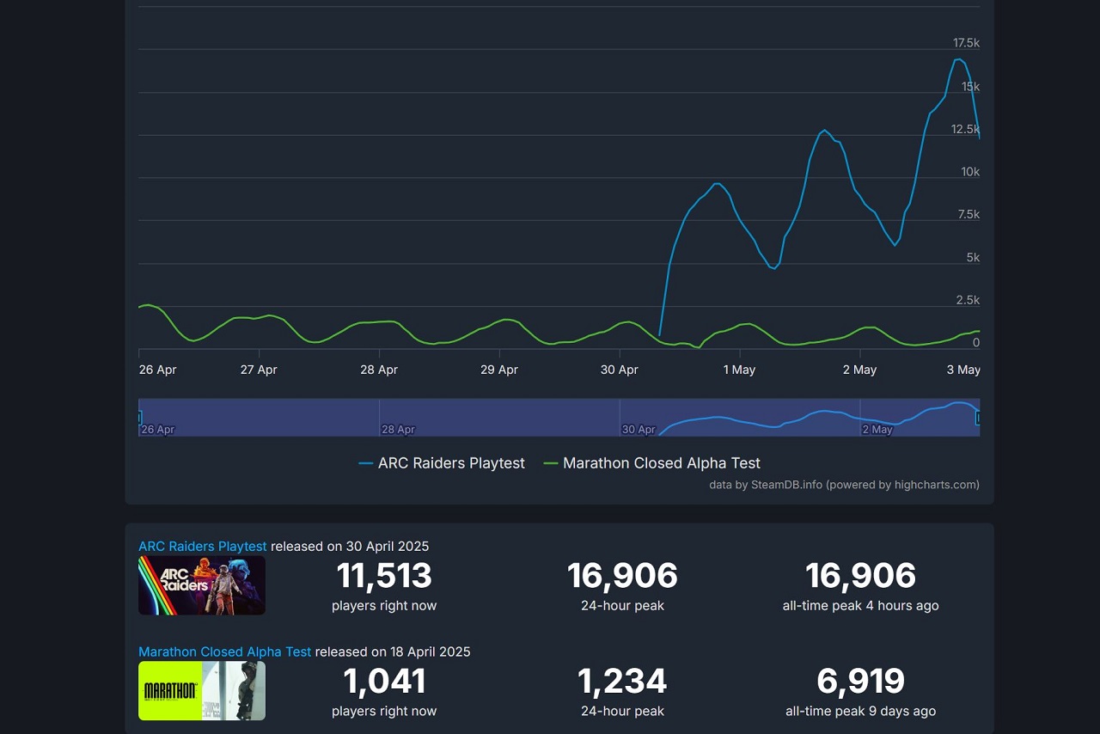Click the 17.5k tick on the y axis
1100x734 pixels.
tap(966, 43)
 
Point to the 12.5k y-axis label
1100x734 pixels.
tap(965, 129)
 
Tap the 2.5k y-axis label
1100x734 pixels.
tap(968, 300)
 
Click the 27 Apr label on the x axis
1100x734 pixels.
tap(259, 370)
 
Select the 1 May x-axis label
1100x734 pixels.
tap(739, 370)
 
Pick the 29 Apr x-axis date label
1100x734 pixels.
tap(499, 370)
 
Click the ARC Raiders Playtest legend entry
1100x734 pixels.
tap(442, 463)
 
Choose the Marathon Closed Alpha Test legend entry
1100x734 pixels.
tap(652, 463)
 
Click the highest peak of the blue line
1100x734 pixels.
tap(958, 59)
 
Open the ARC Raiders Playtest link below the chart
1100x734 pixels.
tap(203, 547)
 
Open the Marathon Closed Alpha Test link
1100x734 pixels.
tap(225, 651)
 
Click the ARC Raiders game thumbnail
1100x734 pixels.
tap(202, 585)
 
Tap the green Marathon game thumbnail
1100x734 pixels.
tap(202, 690)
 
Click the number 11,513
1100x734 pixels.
tap(384, 576)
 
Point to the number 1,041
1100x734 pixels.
tap(384, 682)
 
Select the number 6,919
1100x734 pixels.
tap(860, 682)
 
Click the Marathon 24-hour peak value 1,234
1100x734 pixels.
tap(622, 682)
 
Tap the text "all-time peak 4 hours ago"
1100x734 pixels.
tap(860, 606)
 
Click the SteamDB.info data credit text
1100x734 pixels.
tap(844, 485)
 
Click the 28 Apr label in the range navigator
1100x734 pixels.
tap(399, 429)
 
